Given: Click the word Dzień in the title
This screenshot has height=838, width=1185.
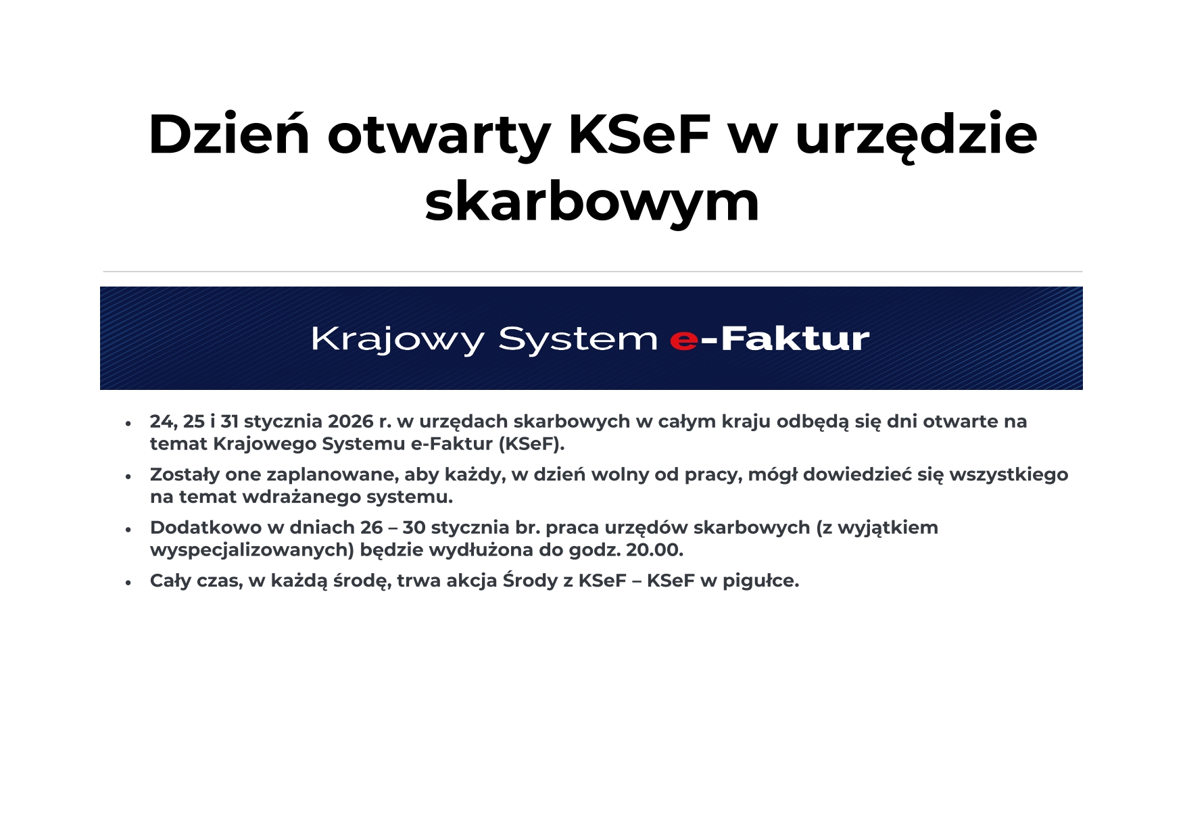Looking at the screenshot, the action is coord(229,134).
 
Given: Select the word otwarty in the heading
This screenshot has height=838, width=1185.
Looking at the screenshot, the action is coord(439,139).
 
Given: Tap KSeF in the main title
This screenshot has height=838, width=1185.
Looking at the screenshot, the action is coord(639,134).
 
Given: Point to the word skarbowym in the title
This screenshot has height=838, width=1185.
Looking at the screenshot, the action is coord(592,201).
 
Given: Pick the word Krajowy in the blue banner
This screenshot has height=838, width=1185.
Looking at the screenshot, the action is coord(397,339).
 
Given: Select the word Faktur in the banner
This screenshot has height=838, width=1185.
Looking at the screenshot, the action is coord(795,339).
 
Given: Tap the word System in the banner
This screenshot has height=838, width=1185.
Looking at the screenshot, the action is coord(578,339).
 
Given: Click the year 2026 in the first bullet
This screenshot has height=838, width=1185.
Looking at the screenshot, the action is coord(351,421).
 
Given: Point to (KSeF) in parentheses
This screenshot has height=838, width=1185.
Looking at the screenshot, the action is coord(531,444).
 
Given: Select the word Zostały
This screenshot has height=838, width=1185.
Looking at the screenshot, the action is coord(185,474).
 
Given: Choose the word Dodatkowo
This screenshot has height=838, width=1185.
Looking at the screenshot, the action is coord(205,527).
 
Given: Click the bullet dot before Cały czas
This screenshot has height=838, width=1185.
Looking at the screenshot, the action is coord(128,583).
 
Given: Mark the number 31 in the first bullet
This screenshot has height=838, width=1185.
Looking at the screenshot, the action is coord(229,421).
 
